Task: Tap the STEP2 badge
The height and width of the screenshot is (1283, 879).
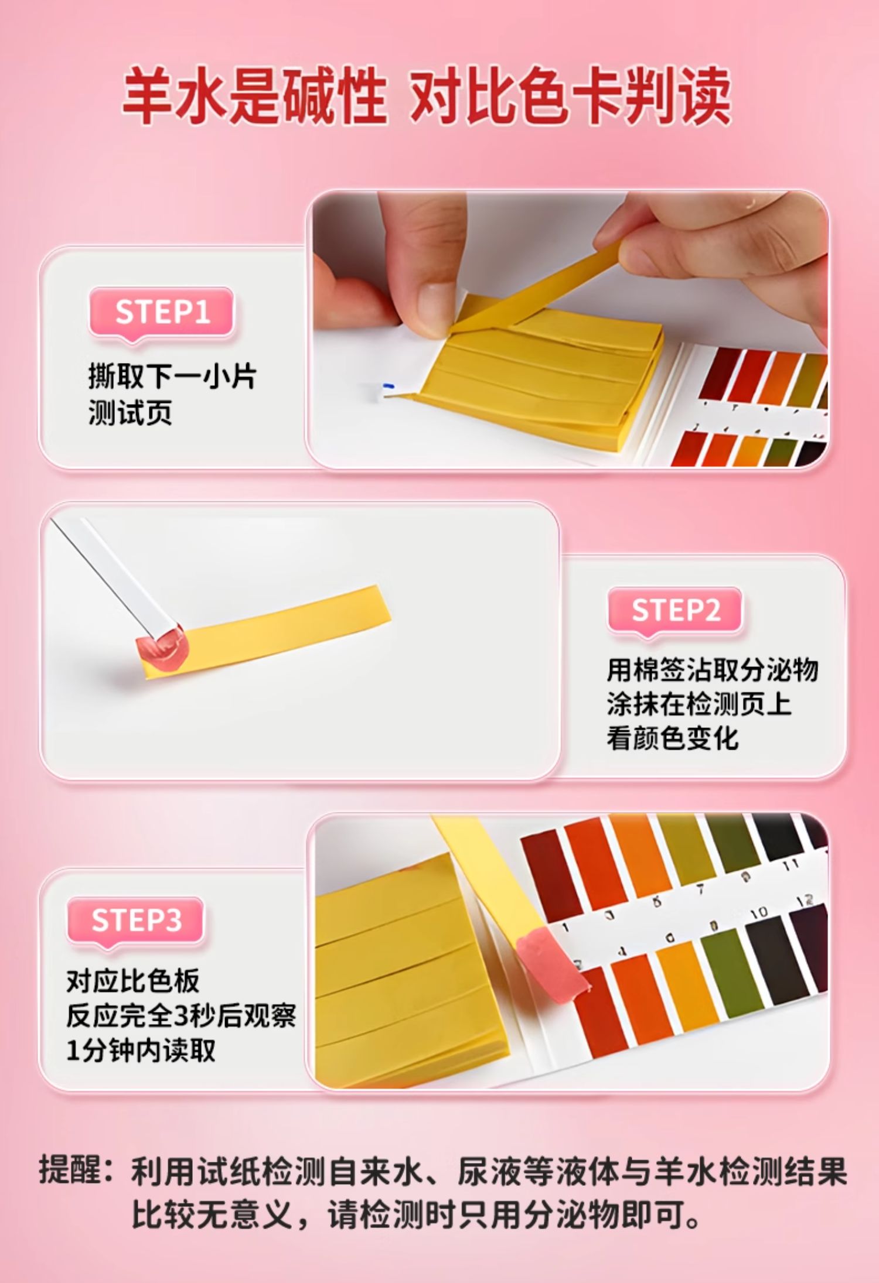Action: [674, 611]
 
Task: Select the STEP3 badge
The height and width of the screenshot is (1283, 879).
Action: [136, 921]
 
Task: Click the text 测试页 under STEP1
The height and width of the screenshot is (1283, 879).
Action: [130, 412]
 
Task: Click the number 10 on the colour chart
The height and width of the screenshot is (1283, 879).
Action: [759, 912]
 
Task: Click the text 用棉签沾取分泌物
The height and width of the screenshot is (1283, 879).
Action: [712, 670]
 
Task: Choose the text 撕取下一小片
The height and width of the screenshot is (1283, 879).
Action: [172, 376]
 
